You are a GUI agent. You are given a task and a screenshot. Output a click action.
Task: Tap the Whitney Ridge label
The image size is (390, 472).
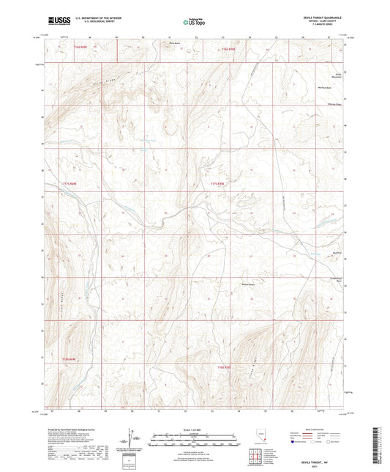click(315, 104)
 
